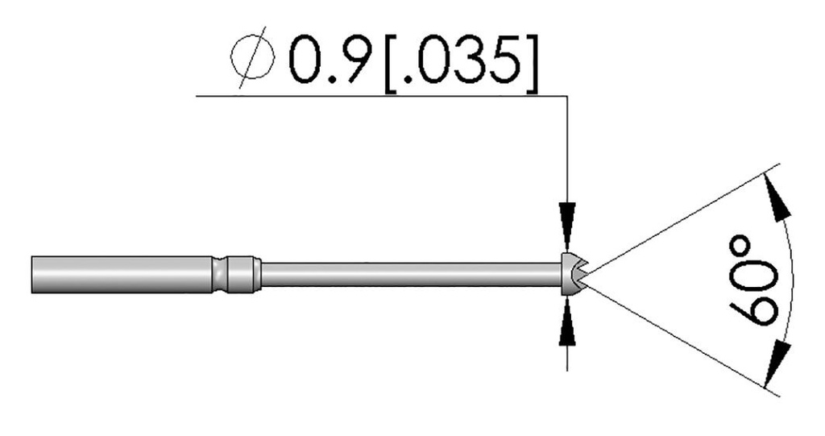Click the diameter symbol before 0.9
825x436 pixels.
[252, 56]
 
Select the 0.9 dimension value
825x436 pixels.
[330, 60]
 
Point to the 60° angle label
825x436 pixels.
[753, 280]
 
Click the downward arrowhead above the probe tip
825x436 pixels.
[567, 223]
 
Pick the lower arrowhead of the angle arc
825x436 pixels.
[777, 363]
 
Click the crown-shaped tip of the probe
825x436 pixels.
[574, 274]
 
